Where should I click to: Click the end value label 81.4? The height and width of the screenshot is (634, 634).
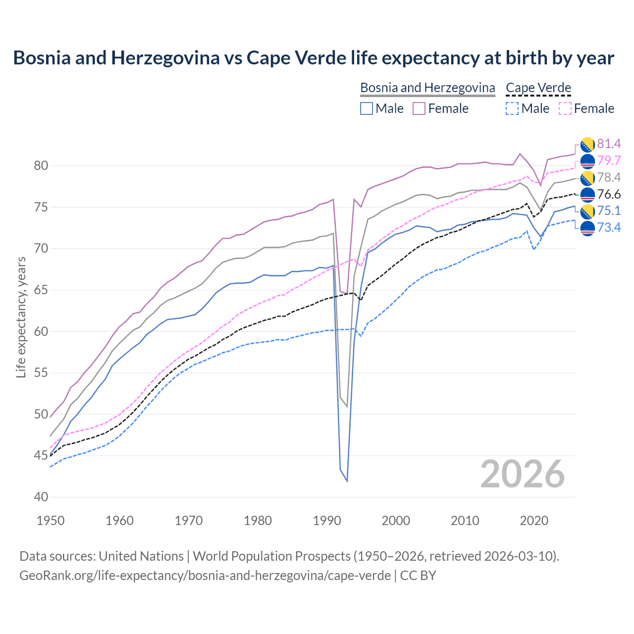[x=609, y=144]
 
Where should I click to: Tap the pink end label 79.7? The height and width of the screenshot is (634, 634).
[x=609, y=160]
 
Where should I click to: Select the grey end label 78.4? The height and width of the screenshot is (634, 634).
[x=609, y=177]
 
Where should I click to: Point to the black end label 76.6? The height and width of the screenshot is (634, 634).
[x=609, y=194]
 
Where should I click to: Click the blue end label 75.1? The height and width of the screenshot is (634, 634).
[x=609, y=211]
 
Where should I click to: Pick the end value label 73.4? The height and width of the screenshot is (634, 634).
[x=609, y=227]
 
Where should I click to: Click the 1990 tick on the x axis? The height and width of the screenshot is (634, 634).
[x=327, y=521]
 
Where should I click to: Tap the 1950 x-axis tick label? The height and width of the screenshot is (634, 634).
[x=51, y=521]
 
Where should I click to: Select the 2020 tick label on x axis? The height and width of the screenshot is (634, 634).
[x=534, y=521]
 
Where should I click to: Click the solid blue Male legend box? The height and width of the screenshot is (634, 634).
[x=367, y=108]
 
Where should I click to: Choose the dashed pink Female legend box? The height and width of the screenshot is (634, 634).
[x=565, y=108]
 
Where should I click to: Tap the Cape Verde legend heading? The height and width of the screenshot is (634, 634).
[x=538, y=88]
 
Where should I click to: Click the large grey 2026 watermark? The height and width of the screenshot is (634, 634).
[x=523, y=474]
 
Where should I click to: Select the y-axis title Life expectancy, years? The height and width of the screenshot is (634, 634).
[x=21, y=317]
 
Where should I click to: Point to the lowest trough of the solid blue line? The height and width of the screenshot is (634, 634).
[x=347, y=481]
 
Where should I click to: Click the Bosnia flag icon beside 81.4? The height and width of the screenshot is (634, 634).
[x=587, y=144]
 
